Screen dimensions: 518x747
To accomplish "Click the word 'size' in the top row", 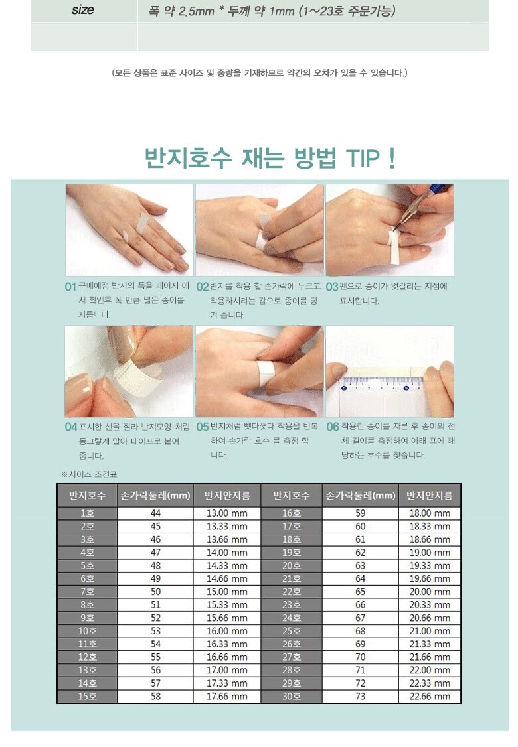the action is (82, 9).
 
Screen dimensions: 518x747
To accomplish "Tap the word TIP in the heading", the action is (363, 158).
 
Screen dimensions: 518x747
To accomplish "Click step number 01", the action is (70, 287).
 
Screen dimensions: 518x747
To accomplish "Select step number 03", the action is (332, 287).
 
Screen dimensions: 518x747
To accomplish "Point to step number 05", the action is (203, 427).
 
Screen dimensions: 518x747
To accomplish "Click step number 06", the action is (333, 427).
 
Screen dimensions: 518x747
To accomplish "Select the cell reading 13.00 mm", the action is (227, 513).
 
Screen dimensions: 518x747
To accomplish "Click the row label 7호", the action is (87, 592).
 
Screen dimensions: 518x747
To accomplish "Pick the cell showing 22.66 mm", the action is (430, 696).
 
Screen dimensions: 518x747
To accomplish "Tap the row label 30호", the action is (292, 696).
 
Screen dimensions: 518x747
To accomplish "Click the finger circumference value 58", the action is (155, 696).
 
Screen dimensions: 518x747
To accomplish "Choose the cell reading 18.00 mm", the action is (430, 513).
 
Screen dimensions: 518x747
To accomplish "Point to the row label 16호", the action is (292, 513).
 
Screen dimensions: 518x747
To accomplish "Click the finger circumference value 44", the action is (155, 513).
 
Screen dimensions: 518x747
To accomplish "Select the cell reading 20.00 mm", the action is (430, 592).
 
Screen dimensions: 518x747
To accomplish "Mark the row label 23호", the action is (292, 604).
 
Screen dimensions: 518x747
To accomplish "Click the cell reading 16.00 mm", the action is (227, 631).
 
